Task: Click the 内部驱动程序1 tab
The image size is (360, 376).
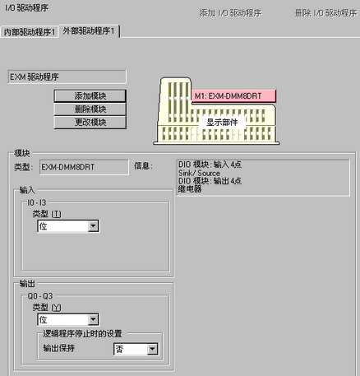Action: pyautogui.click(x=30, y=32)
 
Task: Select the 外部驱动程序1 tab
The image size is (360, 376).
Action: pyautogui.click(x=89, y=30)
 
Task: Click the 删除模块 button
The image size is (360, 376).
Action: pyautogui.click(x=90, y=109)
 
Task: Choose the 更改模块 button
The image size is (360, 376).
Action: pyautogui.click(x=90, y=122)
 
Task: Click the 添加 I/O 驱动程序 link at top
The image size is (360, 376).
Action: pyautogui.click(x=230, y=13)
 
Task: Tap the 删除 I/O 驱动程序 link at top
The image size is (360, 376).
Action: pyautogui.click(x=326, y=13)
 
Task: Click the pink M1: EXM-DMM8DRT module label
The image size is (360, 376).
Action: pyautogui.click(x=233, y=96)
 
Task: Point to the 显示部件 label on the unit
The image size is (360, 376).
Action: pyautogui.click(x=222, y=122)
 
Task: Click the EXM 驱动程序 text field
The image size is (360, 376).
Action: pyautogui.click(x=67, y=77)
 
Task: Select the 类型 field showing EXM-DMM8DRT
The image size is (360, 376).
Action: pyautogui.click(x=84, y=167)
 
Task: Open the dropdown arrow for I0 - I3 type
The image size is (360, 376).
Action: pyautogui.click(x=93, y=226)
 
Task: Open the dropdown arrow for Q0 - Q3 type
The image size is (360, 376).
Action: pyautogui.click(x=93, y=319)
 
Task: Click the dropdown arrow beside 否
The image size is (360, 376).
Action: pyautogui.click(x=152, y=349)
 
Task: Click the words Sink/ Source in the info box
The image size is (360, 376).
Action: pyautogui.click(x=199, y=173)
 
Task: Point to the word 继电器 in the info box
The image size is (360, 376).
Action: pyautogui.click(x=190, y=188)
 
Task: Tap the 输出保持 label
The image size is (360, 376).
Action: pyautogui.click(x=59, y=348)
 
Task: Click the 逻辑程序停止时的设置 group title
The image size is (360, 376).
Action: pyautogui.click(x=82, y=334)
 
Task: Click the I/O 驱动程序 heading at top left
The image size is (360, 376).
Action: pyautogui.click(x=27, y=7)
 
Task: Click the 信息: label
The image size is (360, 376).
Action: pyautogui.click(x=143, y=166)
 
